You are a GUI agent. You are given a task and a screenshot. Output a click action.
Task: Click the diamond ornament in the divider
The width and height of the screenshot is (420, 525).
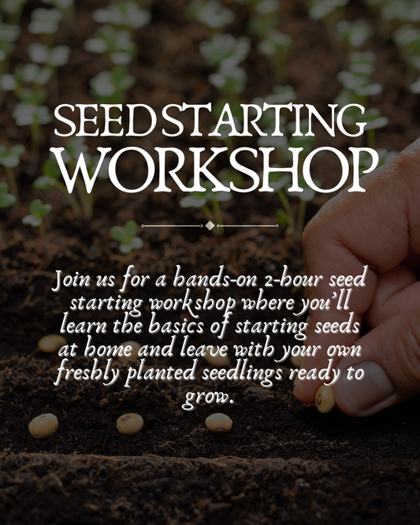[x=210, y=226]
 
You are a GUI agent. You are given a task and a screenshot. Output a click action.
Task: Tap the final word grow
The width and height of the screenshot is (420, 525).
[x=208, y=397]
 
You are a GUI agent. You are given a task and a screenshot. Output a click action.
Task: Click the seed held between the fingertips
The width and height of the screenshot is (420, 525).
[x=325, y=398]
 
